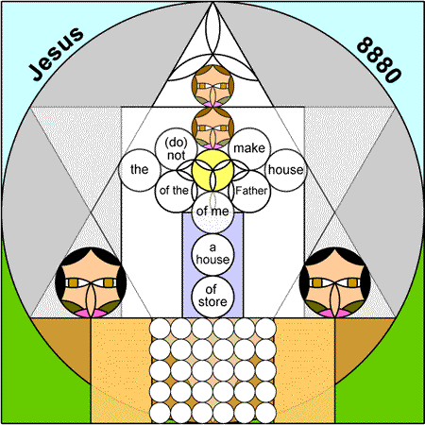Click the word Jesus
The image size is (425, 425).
(x=57, y=54)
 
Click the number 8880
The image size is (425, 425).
(x=379, y=59)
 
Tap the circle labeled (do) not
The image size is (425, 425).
(x=176, y=148)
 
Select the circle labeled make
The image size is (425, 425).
(x=249, y=148)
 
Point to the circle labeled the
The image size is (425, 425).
(x=140, y=170)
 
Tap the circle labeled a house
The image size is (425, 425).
(x=212, y=255)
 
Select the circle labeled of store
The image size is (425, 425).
(x=212, y=297)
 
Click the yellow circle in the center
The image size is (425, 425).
(x=212, y=170)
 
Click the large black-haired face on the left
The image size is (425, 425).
(x=91, y=282)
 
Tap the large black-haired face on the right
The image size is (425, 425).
(x=334, y=282)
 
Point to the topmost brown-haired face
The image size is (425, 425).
(x=212, y=86)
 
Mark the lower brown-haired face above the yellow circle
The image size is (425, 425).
(x=212, y=128)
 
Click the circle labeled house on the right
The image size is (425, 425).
(x=286, y=170)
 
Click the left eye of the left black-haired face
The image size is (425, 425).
(x=74, y=282)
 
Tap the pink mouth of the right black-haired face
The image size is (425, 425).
(x=334, y=314)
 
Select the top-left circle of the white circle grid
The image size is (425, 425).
(x=160, y=329)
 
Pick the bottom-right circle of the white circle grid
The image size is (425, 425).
(x=265, y=413)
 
